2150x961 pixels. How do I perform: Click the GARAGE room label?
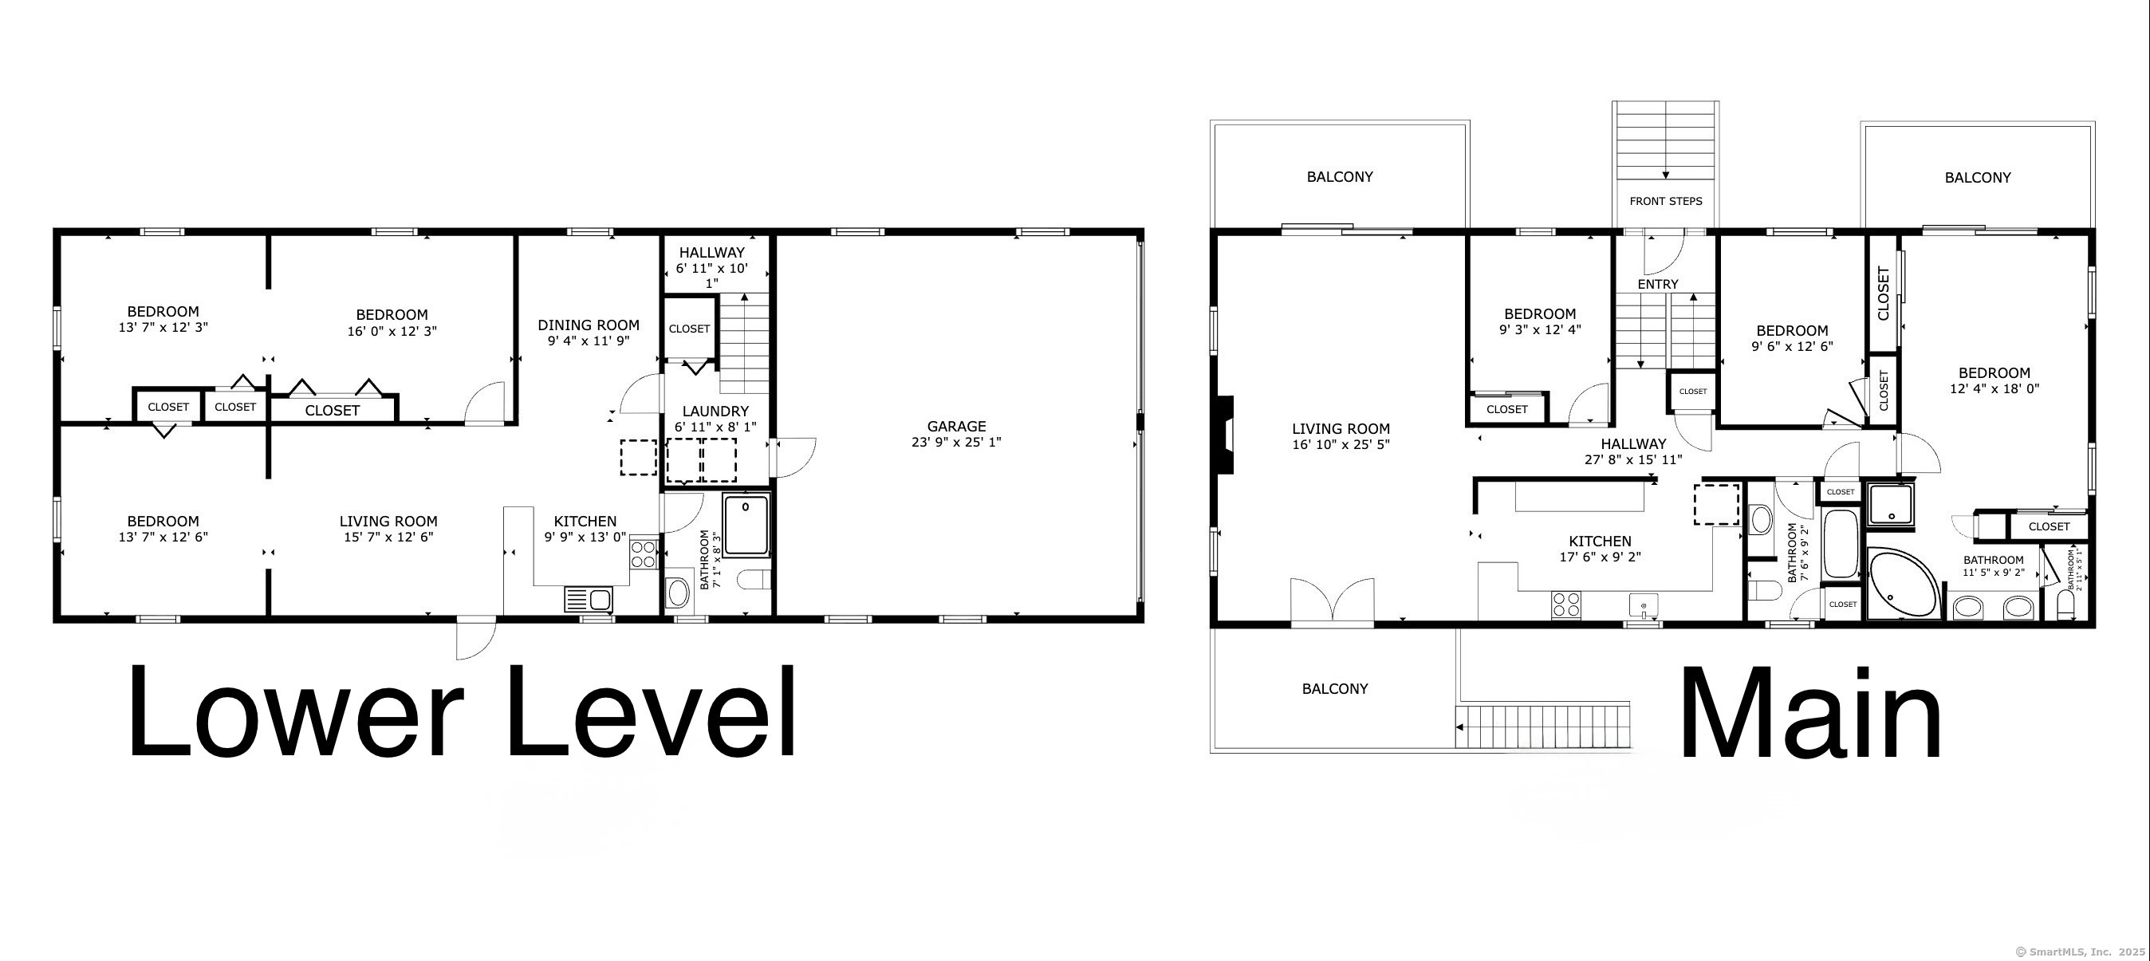tap(955, 426)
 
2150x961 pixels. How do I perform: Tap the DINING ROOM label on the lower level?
tap(589, 325)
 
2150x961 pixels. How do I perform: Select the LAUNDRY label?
tap(715, 411)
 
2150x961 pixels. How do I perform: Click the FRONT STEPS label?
tap(1665, 201)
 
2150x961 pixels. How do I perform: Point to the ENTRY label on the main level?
tap(1658, 284)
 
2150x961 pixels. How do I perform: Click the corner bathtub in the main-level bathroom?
tap(1902, 582)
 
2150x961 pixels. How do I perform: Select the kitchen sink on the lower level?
tap(589, 598)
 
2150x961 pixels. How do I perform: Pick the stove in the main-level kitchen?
tap(1565, 605)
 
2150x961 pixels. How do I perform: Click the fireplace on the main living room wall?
tap(1224, 435)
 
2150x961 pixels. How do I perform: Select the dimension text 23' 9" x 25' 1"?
tap(955, 443)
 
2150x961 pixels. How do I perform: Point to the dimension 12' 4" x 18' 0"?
tap(1994, 389)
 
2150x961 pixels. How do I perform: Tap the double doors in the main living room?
tap(1332, 601)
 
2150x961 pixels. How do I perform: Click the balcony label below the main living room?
tap(1334, 689)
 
